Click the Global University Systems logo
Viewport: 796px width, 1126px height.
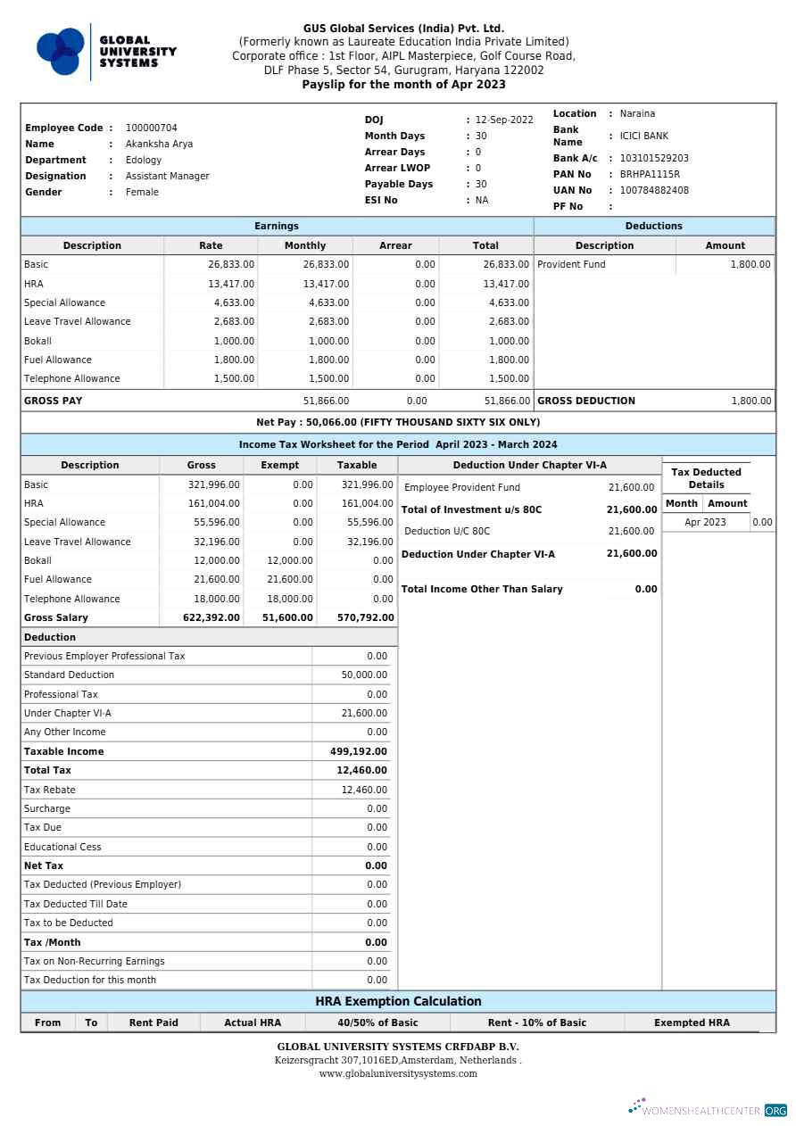[x=106, y=52]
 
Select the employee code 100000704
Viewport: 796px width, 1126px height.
[x=151, y=128]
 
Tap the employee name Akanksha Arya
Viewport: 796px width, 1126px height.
[x=159, y=144]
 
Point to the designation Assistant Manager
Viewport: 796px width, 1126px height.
[x=167, y=176]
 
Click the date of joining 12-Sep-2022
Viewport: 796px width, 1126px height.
[x=503, y=120]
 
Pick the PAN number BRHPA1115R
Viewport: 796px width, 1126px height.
[x=649, y=174]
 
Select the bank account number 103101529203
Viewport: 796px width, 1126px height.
[x=654, y=158]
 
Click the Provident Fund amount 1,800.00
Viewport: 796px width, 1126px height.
[x=750, y=264]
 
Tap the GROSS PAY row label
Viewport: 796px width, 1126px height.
[x=53, y=401]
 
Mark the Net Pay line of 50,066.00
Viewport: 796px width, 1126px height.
[x=398, y=422]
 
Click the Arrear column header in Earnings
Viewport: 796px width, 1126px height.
[x=395, y=245]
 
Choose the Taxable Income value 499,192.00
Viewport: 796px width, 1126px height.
[x=359, y=751]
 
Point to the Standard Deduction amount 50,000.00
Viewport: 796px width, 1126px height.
[x=364, y=675]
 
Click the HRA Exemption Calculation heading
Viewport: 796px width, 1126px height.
[x=398, y=1001]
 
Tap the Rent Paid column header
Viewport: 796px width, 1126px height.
[x=153, y=1023]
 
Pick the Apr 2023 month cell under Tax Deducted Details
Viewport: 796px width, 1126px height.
[x=705, y=522]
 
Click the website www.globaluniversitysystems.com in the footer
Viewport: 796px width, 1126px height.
[x=398, y=1073]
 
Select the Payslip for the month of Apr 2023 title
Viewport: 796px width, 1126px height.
[x=403, y=85]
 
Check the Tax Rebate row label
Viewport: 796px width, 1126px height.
[x=50, y=790]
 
